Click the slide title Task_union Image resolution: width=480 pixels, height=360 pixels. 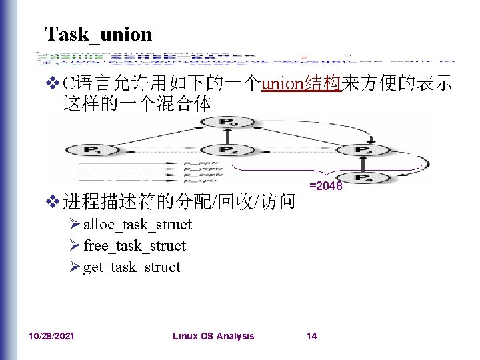click(98, 33)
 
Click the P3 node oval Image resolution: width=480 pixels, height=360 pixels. click(364, 150)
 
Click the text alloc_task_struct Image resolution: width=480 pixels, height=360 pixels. click(137, 225)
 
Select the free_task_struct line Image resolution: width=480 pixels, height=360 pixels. click(135, 246)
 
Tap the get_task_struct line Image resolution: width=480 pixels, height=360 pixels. click(132, 267)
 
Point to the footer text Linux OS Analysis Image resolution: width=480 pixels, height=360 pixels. click(213, 336)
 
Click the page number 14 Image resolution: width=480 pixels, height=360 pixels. click(311, 336)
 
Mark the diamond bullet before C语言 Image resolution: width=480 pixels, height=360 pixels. click(53, 84)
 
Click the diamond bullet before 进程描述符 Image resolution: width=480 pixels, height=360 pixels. click(53, 200)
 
